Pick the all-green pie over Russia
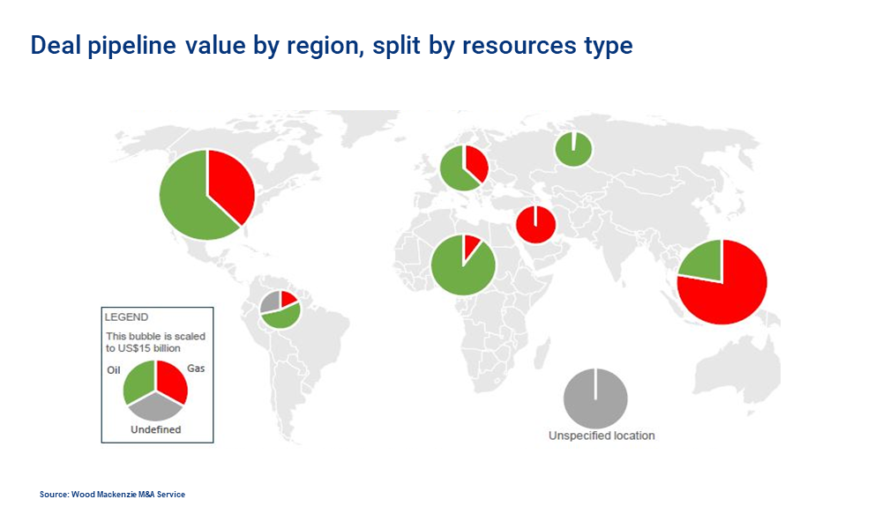[x=574, y=150]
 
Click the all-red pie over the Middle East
[x=536, y=225]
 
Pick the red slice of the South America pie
[x=288, y=299]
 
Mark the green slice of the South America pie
[x=282, y=317]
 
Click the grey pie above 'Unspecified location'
[x=595, y=399]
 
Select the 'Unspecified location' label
[x=602, y=436]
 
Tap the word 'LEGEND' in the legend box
[x=126, y=317]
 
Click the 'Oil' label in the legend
[x=114, y=370]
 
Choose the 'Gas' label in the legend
[x=196, y=369]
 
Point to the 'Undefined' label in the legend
[x=156, y=429]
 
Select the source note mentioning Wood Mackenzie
[x=112, y=495]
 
